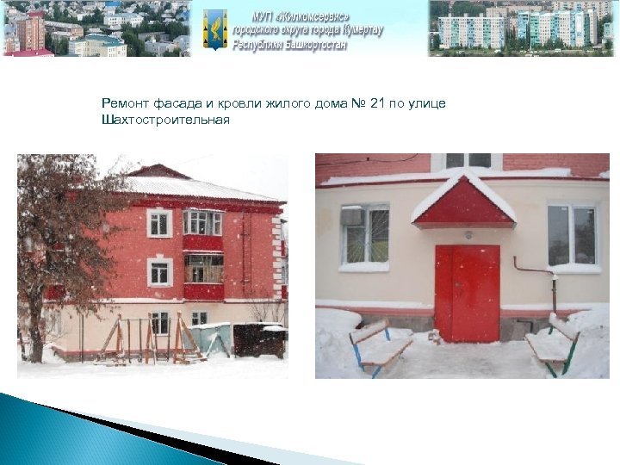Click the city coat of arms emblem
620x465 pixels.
(215, 28)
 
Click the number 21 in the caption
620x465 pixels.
(376, 104)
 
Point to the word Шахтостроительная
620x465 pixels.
(165, 119)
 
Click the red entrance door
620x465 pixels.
(467, 294)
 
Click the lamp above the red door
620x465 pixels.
(468, 234)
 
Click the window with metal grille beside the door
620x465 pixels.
(365, 234)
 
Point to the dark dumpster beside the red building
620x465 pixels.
(259, 340)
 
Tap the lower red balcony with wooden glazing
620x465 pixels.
(203, 274)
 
